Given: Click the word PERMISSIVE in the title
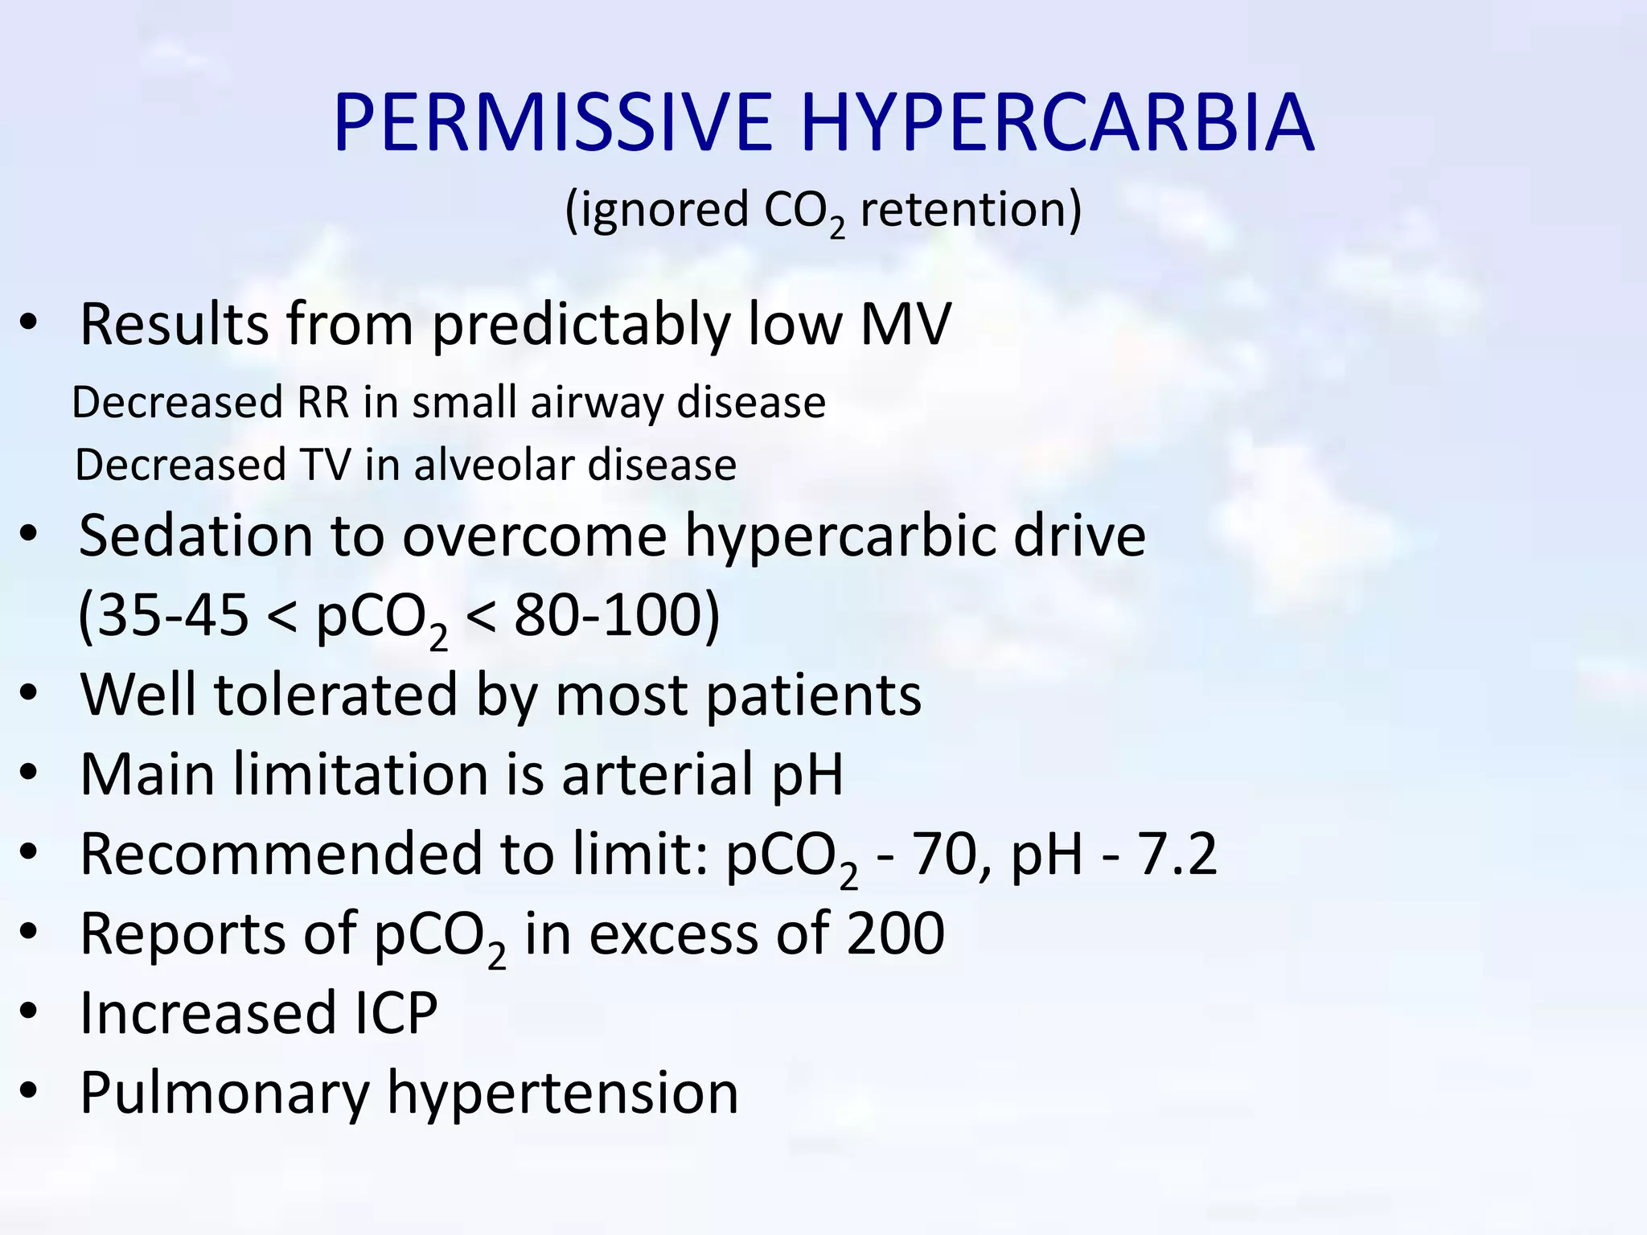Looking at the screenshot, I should tap(552, 122).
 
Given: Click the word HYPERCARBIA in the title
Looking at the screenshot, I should tap(1057, 122).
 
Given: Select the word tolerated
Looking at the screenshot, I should tap(335, 695).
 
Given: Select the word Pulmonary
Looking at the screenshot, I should tap(224, 1093).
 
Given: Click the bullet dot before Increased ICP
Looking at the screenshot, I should tap(29, 1013).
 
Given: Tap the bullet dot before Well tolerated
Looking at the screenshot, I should tap(29, 695).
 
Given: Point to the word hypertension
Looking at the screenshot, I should tap(562, 1093).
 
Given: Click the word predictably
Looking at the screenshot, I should tap(581, 324).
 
